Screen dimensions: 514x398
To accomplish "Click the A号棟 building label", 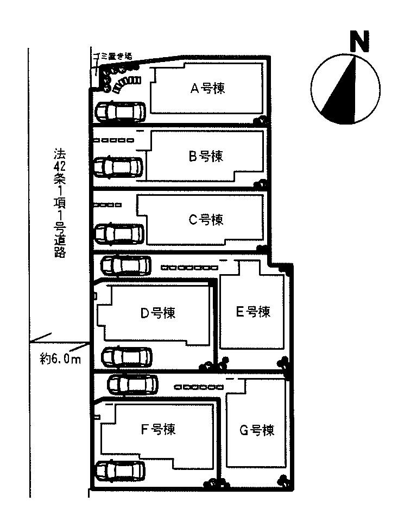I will point(207,89).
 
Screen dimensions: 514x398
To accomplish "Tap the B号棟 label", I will point(206,157).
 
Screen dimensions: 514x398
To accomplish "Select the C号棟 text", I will point(205,220).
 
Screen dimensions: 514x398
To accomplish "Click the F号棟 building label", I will point(157,429).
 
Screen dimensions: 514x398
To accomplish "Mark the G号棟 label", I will point(256,430).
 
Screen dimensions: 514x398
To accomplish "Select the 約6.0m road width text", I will point(60,359).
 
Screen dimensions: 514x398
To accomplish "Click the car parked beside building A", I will point(119,112).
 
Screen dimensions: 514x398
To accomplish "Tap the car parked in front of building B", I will point(119,167).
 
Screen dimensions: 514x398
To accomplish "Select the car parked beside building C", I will point(119,234).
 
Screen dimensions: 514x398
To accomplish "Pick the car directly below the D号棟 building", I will point(127,357).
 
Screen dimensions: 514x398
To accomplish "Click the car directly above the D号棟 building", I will point(126,265).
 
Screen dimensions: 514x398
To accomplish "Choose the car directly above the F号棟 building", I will point(132,385).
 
